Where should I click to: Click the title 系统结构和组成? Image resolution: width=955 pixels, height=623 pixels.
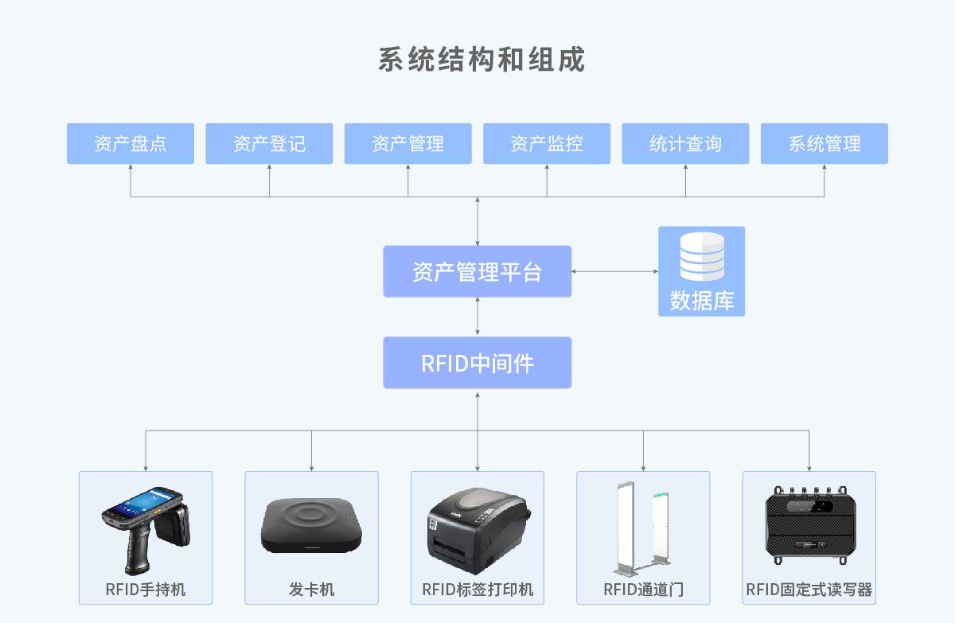pos(481,60)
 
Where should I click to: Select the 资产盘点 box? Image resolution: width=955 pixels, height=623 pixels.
pos(131,143)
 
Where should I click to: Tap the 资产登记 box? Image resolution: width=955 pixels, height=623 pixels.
pos(269,143)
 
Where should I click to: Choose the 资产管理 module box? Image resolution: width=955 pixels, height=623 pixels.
pos(407,143)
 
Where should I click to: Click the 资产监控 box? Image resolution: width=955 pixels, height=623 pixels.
pos(547,143)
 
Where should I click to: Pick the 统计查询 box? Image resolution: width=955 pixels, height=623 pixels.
pos(685,143)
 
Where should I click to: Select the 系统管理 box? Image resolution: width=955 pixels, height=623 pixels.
pos(824,143)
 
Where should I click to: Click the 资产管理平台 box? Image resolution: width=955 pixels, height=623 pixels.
pos(477,271)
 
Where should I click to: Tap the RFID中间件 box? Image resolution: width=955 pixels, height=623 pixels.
pos(477,363)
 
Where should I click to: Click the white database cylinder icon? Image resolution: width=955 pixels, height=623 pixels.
pos(702,256)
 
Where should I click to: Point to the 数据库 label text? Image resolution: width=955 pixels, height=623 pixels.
pos(702,301)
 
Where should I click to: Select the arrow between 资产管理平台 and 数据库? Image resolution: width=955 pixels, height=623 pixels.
pos(614,271)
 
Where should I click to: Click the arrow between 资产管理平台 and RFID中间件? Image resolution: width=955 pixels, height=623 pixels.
pos(477,317)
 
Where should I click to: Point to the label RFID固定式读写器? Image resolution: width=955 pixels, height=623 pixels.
pos(809,590)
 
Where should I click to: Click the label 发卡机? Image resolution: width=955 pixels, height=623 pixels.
pos(311,590)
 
